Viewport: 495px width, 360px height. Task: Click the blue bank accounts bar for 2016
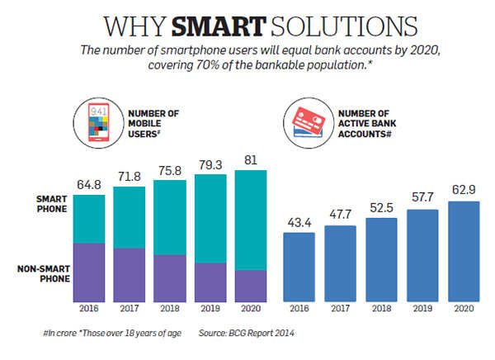point(298,266)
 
